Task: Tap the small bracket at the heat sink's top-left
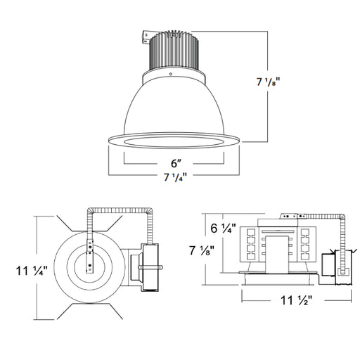point(146,34)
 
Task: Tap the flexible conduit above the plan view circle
point(120,209)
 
